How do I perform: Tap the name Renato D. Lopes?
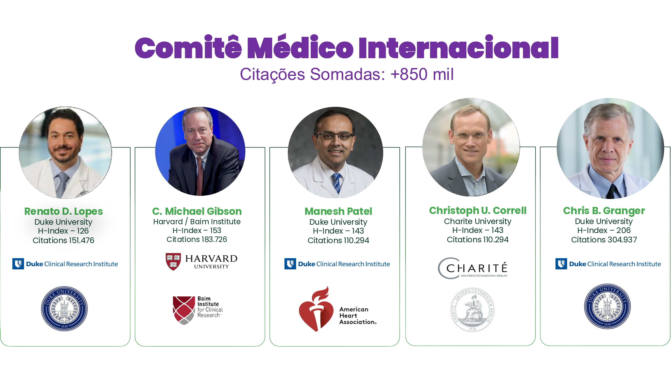[64, 211]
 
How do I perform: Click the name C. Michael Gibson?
[197, 211]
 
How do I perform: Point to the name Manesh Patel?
[338, 211]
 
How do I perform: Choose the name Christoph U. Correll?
[478, 210]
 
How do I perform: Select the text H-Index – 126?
[63, 231]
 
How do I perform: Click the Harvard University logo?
[201, 262]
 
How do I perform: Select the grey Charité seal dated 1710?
[473, 310]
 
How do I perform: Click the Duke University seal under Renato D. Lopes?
[64, 309]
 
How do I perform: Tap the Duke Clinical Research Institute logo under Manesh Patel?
[337, 264]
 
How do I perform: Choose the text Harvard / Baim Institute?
[197, 222]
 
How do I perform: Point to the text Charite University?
[478, 221]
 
